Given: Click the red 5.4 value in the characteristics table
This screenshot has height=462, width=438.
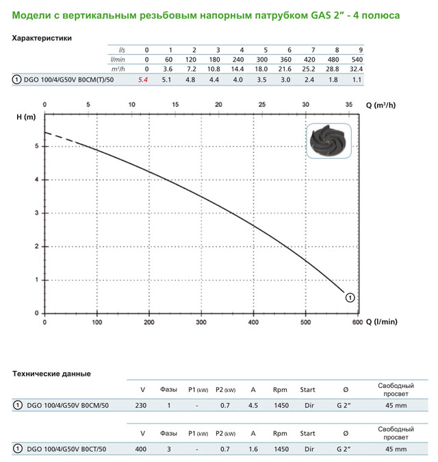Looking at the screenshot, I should click(143, 80).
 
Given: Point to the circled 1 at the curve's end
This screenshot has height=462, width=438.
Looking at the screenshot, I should click(350, 297).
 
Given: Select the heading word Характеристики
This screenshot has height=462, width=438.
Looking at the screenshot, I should click(42, 38).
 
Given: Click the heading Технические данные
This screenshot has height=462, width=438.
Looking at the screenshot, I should click(52, 374).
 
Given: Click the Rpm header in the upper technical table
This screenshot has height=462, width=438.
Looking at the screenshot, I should click(279, 389).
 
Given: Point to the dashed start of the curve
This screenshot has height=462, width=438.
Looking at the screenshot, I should click(58, 136).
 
